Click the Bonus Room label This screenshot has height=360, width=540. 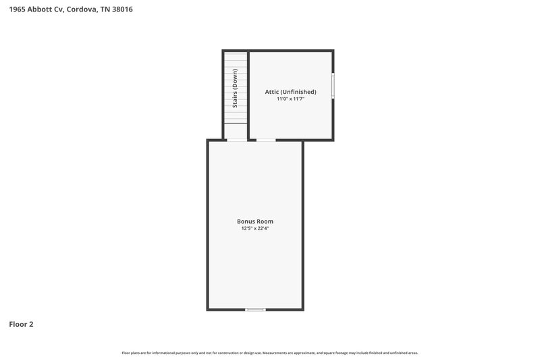point(254,222)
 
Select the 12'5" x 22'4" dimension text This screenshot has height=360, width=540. point(254,228)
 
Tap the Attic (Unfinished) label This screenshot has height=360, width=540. point(290,92)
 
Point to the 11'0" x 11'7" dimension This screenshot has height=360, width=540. point(290,99)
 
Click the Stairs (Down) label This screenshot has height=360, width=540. point(236,88)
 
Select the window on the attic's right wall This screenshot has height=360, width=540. point(332,86)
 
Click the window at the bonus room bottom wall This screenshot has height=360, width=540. point(255,309)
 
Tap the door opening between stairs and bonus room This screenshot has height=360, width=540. point(236,140)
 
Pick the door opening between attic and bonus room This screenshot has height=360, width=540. point(266,140)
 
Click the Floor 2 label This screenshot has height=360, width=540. point(21,324)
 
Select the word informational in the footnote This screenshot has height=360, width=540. point(155,353)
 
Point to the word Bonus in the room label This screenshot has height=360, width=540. point(245,222)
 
